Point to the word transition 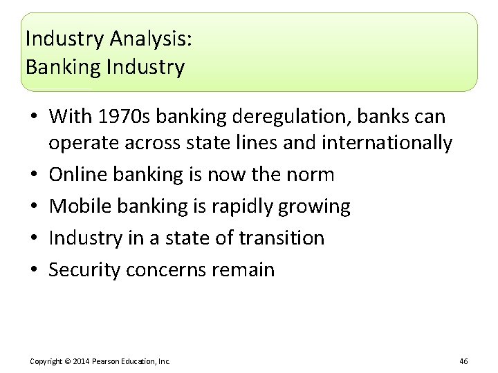tap(282, 238)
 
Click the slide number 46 tap(463, 361)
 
